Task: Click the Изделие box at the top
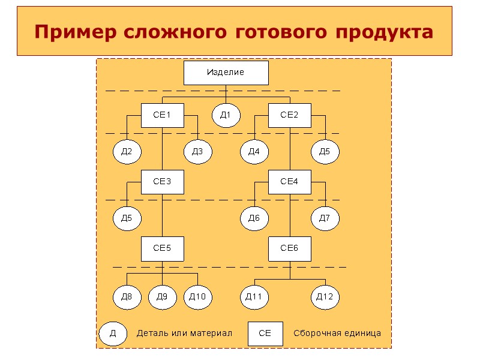click(x=226, y=73)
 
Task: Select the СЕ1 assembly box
click(x=162, y=115)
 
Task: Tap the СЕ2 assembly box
click(x=289, y=115)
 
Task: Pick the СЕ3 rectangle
click(x=162, y=182)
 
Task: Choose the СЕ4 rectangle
click(x=289, y=182)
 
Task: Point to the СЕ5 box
click(x=162, y=248)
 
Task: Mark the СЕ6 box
click(x=289, y=248)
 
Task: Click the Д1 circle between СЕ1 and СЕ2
click(x=226, y=115)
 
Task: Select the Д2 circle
click(x=127, y=152)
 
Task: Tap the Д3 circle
click(x=197, y=152)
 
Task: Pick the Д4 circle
click(x=254, y=152)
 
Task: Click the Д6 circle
click(x=254, y=218)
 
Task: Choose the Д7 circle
click(x=325, y=218)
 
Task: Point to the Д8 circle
click(x=127, y=297)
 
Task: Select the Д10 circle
click(x=197, y=297)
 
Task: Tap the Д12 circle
click(x=325, y=297)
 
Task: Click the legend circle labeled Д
click(x=113, y=334)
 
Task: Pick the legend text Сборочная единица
click(x=337, y=334)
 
